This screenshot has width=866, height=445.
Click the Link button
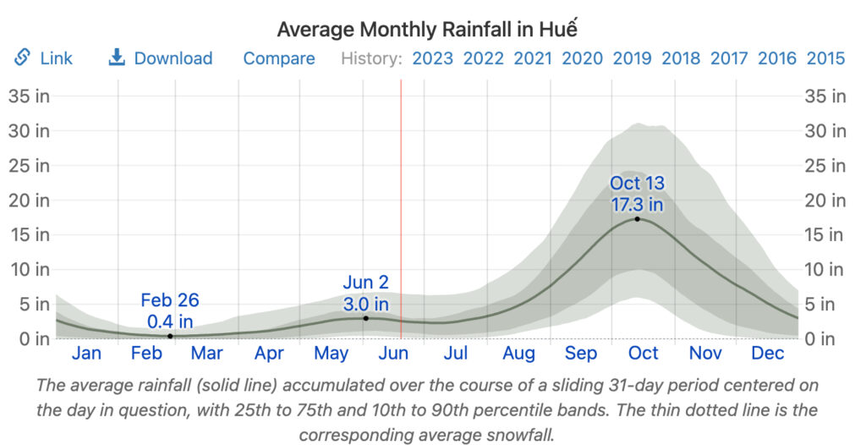tap(44, 58)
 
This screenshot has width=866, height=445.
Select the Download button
tap(161, 58)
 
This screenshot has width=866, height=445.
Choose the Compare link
tap(279, 58)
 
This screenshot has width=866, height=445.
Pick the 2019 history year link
tap(632, 58)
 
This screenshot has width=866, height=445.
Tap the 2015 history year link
tap(825, 58)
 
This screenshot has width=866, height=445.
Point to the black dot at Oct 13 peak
tap(637, 219)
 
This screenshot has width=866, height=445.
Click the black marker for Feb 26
tap(170, 336)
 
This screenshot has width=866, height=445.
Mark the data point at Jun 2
tap(365, 318)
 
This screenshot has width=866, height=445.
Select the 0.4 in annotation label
tap(170, 321)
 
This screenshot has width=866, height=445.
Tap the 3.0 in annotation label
tap(365, 304)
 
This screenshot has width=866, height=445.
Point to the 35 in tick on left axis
tap(29, 96)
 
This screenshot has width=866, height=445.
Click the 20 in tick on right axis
tap(825, 201)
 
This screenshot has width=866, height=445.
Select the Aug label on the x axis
tap(518, 354)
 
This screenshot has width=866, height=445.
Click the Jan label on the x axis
tap(86, 354)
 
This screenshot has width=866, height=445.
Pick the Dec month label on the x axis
tap(768, 354)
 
